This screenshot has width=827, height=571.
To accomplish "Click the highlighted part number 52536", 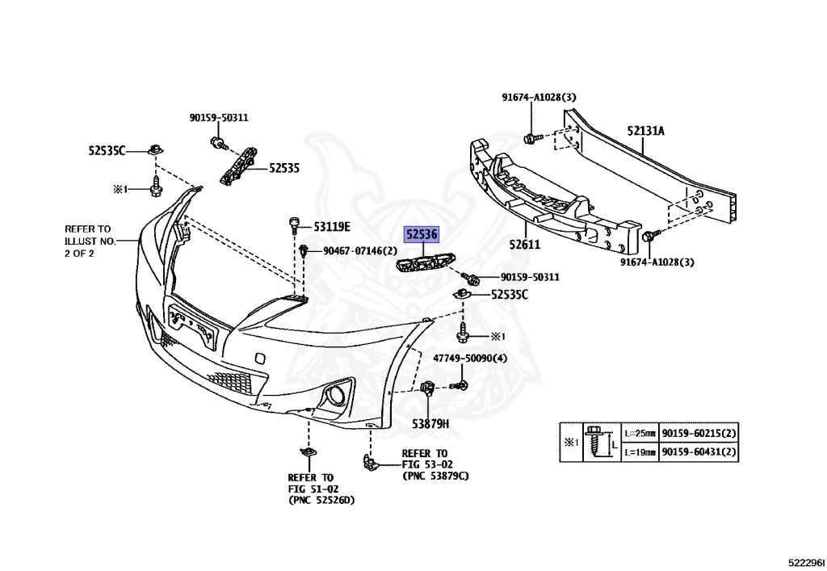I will tap(422, 235).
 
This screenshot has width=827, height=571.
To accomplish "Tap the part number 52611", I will tap(525, 244).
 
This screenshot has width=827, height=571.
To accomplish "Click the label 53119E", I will tap(331, 228).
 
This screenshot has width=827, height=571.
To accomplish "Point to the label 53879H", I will tap(430, 422).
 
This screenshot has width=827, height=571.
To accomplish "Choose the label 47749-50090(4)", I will tap(470, 358).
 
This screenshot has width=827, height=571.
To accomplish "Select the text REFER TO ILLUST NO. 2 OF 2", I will tap(90, 241).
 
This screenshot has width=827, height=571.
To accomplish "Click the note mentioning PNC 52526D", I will tap(321, 489).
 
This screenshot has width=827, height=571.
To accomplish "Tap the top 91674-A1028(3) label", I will tap(539, 98).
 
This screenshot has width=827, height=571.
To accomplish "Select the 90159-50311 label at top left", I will tap(219, 117).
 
